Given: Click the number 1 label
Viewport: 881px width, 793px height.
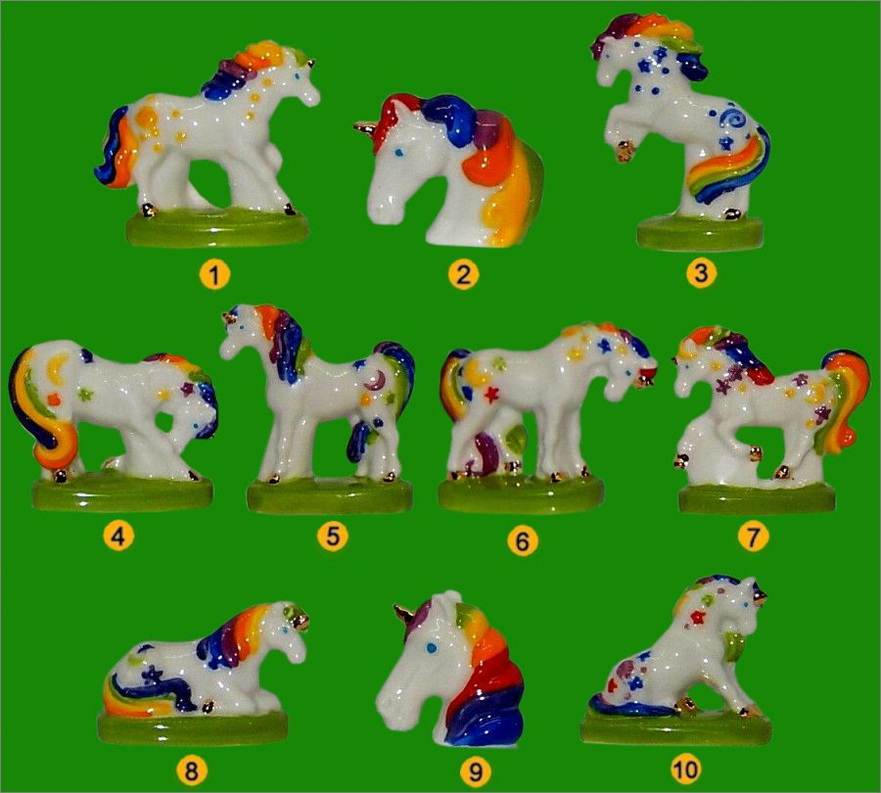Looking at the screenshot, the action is point(214,275).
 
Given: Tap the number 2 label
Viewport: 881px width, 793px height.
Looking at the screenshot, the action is point(463,275).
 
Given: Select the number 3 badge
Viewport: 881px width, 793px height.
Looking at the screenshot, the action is point(700,273).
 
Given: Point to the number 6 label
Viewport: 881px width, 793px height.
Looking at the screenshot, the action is point(522,540).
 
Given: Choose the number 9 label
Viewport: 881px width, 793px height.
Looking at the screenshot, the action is point(476,771).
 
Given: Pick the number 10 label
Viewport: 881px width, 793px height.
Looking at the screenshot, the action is point(685,769).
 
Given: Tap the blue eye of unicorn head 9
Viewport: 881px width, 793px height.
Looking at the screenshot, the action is point(431,648).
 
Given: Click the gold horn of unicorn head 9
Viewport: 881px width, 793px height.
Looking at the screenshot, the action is point(404,614).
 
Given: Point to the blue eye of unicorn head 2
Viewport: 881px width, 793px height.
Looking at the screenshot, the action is point(398,152).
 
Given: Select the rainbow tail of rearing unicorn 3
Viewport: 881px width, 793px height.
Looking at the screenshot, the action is point(730,163).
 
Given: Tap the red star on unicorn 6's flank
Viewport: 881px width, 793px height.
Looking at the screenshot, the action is point(491,396).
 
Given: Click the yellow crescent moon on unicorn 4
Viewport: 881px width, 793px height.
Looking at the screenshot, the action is point(58,368).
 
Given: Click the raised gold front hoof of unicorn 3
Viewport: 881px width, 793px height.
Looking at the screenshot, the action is point(625,152).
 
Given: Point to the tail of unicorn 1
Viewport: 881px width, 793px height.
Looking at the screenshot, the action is point(116,147).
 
